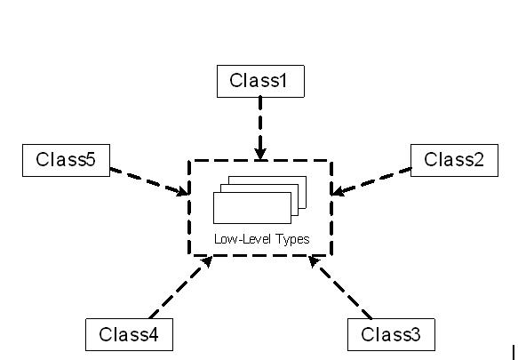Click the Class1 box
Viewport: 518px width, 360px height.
pos(260,81)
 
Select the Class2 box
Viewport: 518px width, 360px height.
pos(454,160)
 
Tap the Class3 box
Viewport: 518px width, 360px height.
pos(391,334)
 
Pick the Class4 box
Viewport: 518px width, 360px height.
pos(129,334)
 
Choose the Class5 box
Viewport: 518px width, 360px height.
pos(66,160)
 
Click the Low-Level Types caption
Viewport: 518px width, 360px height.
pos(261,239)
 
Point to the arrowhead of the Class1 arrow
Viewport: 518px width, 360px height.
pos(260,155)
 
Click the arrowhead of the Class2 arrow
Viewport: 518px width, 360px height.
pos(338,191)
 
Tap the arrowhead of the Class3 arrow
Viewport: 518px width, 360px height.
pos(314,260)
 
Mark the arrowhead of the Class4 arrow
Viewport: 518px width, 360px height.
pos(207,261)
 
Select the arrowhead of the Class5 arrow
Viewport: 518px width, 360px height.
pos(183,191)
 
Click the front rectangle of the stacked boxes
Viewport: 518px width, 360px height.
pos(252,208)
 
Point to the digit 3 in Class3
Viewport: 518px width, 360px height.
pos(416,334)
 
